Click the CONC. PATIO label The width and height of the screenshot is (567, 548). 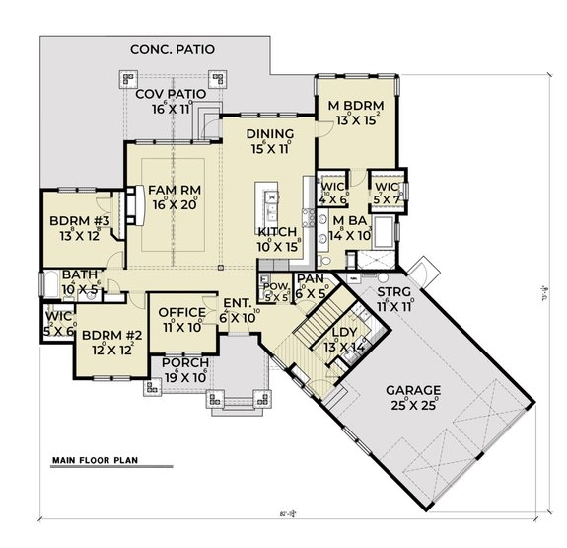178,48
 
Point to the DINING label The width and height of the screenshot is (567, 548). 270,135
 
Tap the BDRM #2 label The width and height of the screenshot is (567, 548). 111,335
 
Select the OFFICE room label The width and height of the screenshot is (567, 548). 182,313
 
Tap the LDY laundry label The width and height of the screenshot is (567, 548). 344,333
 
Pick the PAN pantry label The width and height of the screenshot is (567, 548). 310,279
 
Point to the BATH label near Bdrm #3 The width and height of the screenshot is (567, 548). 78,275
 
